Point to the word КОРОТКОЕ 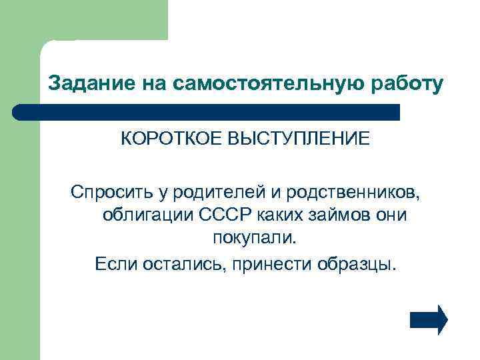(x=171, y=140)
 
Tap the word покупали (x=253, y=239)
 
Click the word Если (x=115, y=262)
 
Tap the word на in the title (x=154, y=83)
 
